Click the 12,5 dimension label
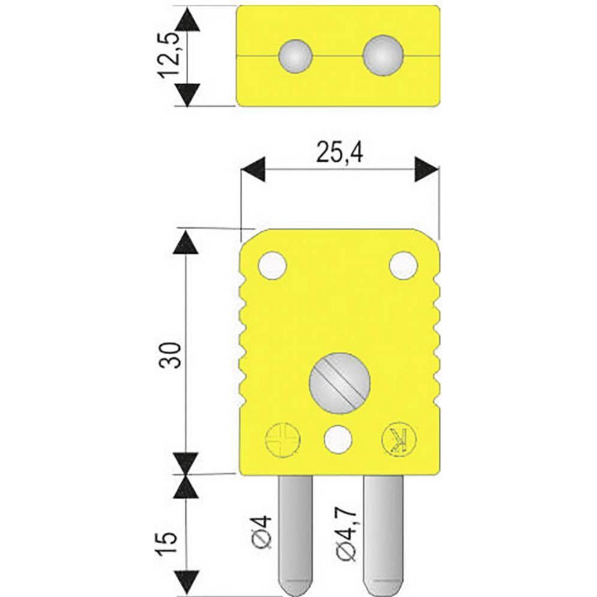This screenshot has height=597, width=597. (x=170, y=56)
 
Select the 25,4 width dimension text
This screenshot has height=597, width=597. (x=340, y=155)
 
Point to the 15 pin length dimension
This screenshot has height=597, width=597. (x=170, y=542)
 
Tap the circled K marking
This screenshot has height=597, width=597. (x=396, y=440)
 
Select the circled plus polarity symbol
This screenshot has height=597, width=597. (x=282, y=440)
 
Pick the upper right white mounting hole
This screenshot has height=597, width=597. (x=402, y=265)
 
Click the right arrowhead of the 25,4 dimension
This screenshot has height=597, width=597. (x=427, y=169)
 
